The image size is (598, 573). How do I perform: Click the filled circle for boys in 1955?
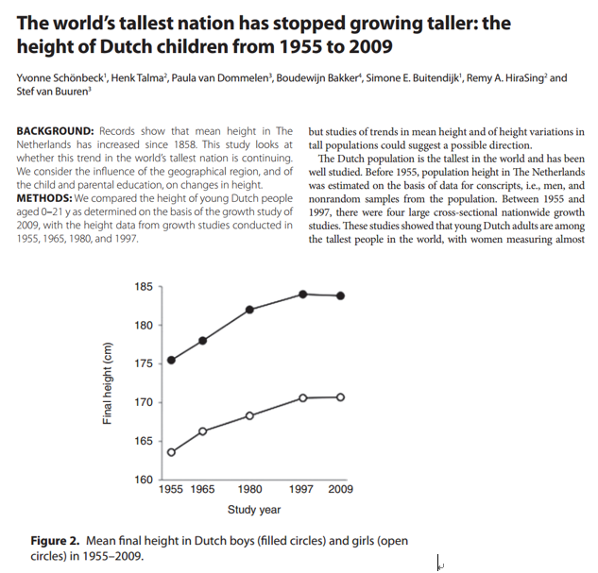pos(171,360)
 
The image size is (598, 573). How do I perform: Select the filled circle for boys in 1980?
pos(250,310)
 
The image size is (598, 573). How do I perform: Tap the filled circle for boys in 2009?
pos(340,295)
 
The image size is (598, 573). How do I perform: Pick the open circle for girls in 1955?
pos(171,452)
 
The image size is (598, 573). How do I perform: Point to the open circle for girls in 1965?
pos(203,431)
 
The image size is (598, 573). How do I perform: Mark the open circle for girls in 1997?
pos(303,397)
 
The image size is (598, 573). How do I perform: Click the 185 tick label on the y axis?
pos(142,286)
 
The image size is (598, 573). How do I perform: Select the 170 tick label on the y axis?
pos(142,402)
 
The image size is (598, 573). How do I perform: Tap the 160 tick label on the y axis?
pos(142,480)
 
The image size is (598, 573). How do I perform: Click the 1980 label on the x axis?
pos(250,490)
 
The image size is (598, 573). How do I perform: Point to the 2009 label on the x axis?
pos(340,490)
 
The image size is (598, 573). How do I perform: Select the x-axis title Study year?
pos(254,510)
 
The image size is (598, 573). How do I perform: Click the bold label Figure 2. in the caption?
pos(56,541)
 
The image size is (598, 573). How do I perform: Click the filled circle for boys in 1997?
pos(303,295)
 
